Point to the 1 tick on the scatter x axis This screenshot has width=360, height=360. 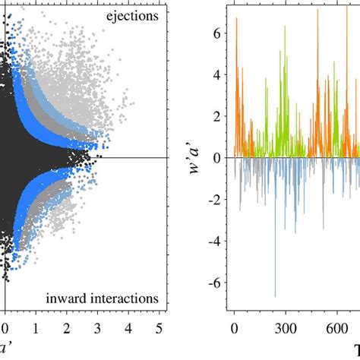[36, 329]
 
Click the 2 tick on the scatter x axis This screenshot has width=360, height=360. [67, 329]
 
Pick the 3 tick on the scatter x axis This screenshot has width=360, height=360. [98, 329]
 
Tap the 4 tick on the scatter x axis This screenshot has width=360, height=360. [129, 329]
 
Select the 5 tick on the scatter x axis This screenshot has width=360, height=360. [159, 329]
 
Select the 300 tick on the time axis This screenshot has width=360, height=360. [285, 329]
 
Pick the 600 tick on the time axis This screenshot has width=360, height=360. [336, 329]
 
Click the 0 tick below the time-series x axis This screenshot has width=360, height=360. [234, 329]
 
